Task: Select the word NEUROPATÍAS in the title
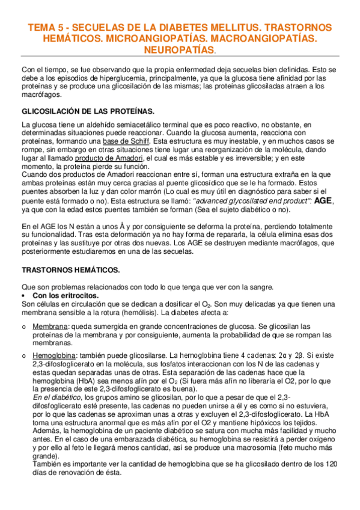click(179, 49)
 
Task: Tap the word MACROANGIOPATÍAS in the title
click(263, 38)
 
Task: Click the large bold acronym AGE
click(324, 201)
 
